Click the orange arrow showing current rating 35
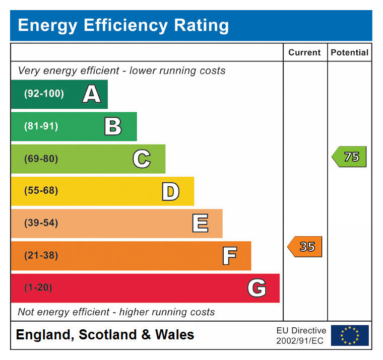(305, 247)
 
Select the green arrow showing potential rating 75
(349, 157)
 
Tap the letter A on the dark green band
(91, 94)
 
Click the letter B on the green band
(113, 126)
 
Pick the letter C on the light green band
(142, 159)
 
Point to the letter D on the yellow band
(170, 191)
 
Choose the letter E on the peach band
(200, 224)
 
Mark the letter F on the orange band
(229, 256)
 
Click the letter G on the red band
(257, 288)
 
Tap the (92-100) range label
(44, 94)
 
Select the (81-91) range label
(41, 126)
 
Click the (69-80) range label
(41, 159)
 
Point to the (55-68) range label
(41, 191)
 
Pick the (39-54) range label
(41, 224)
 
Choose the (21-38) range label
(41, 256)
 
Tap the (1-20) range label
(38, 288)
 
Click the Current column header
(304, 52)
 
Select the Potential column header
(349, 52)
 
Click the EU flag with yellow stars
(350, 335)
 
